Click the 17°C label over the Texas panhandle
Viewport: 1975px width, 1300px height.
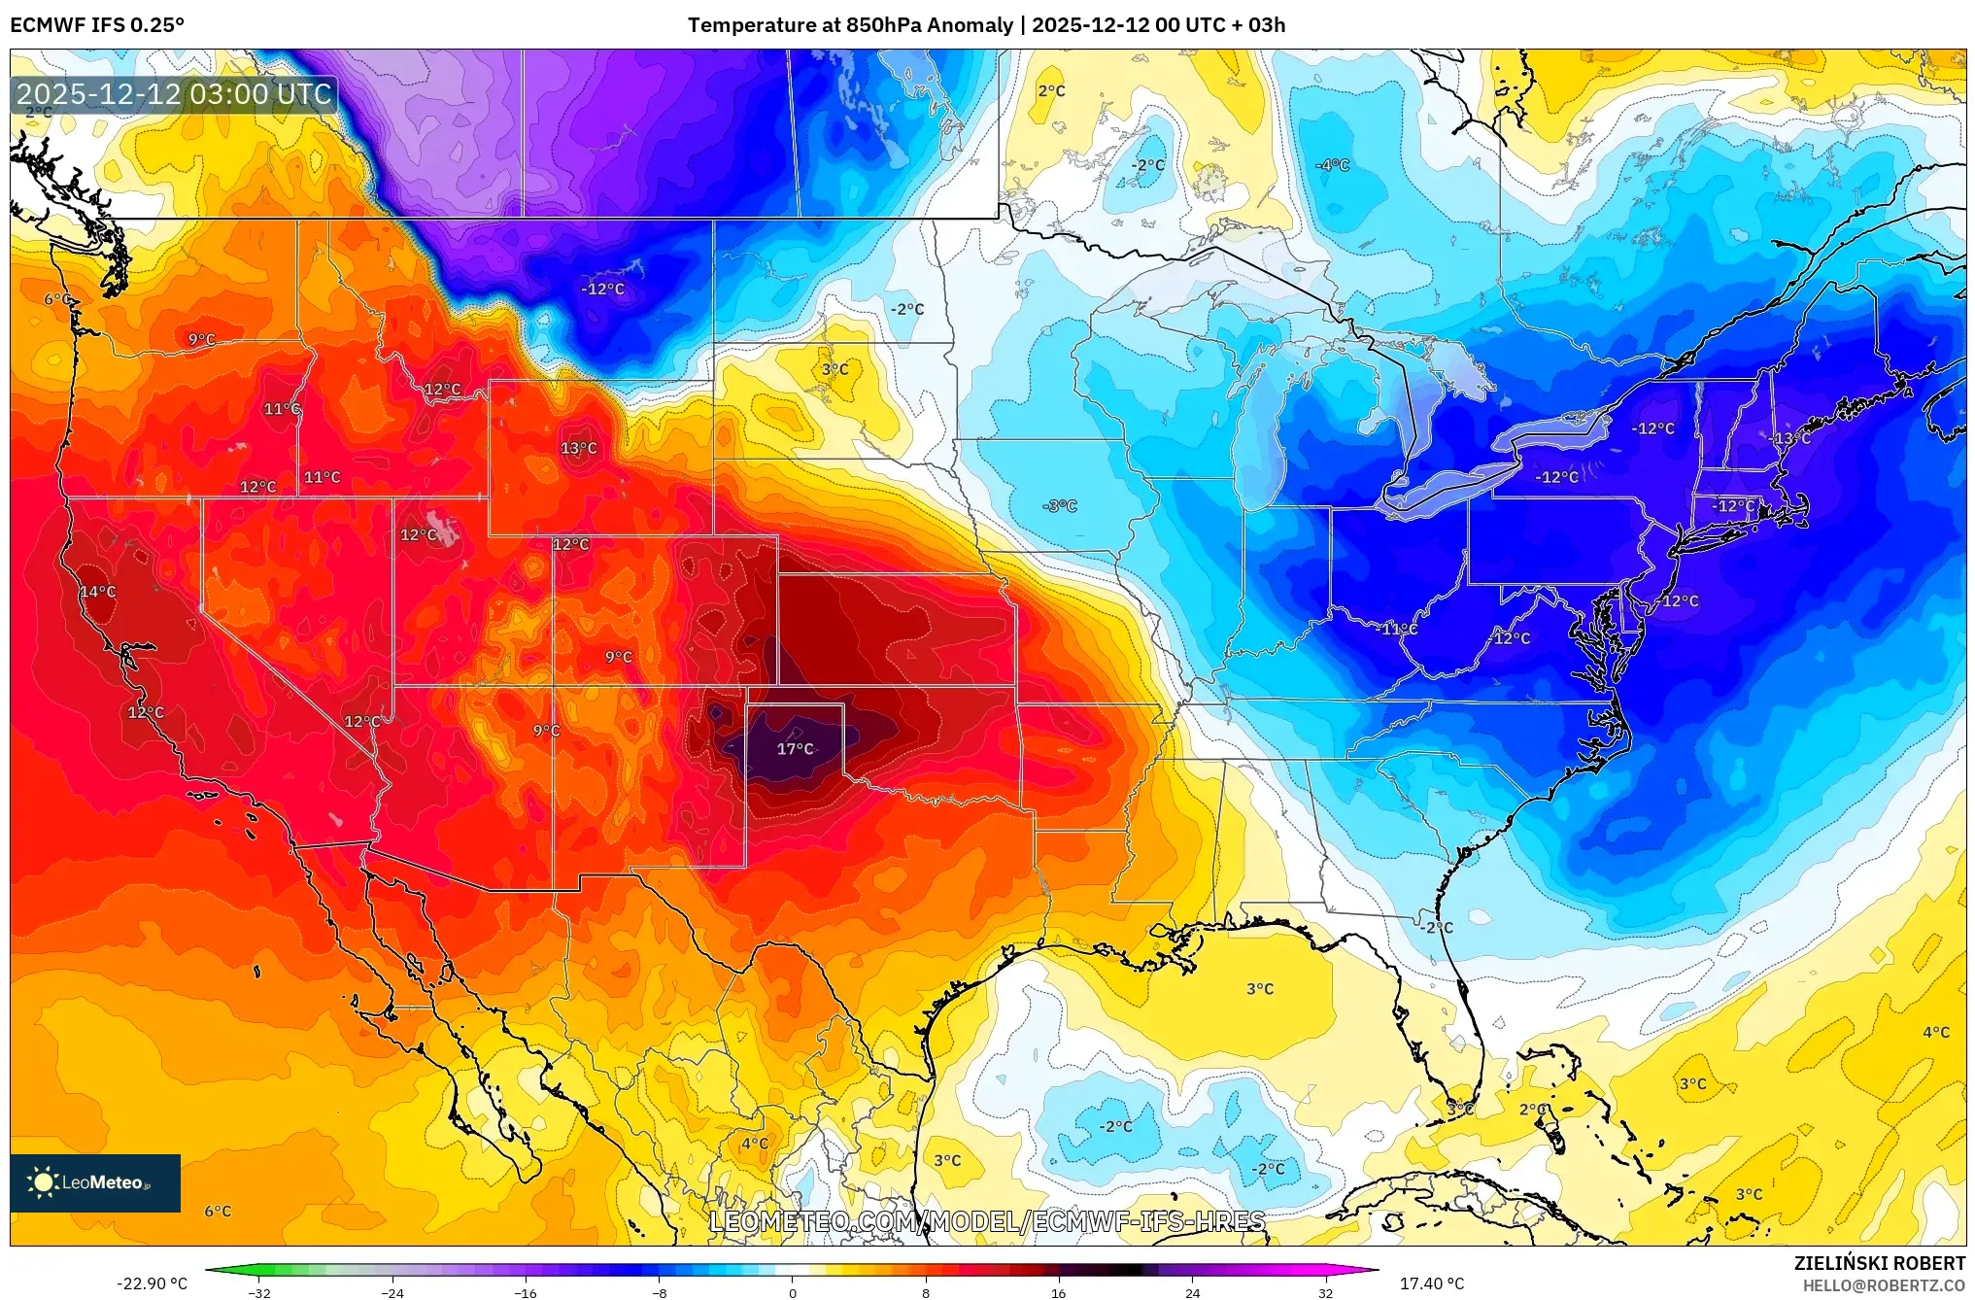tap(795, 748)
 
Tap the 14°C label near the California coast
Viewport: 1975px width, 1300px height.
tap(97, 592)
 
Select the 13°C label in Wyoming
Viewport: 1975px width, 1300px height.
tap(578, 448)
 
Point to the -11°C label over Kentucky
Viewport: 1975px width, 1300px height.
tap(1397, 629)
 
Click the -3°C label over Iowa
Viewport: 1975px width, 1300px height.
tap(1059, 506)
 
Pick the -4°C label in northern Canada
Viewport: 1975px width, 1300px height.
tap(1332, 165)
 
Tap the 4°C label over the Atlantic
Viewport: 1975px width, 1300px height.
tap(1935, 1032)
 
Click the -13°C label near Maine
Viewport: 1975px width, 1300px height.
tap(1791, 438)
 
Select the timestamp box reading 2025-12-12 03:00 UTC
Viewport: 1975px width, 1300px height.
tap(174, 94)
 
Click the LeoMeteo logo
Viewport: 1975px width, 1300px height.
tap(95, 1182)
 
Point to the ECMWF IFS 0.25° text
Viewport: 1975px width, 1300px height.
tap(97, 25)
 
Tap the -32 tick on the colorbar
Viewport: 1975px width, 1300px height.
tap(259, 1292)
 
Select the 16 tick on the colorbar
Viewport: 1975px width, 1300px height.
tap(1058, 1292)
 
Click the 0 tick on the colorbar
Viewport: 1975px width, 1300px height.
tap(792, 1292)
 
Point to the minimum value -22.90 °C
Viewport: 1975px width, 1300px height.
tap(153, 1283)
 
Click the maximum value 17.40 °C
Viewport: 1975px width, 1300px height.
tap(1431, 1283)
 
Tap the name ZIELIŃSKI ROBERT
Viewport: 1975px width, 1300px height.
tap(1879, 1263)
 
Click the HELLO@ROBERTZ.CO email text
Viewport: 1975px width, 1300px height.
tap(1884, 1285)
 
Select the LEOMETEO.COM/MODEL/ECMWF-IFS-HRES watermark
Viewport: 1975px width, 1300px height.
tap(987, 1221)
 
